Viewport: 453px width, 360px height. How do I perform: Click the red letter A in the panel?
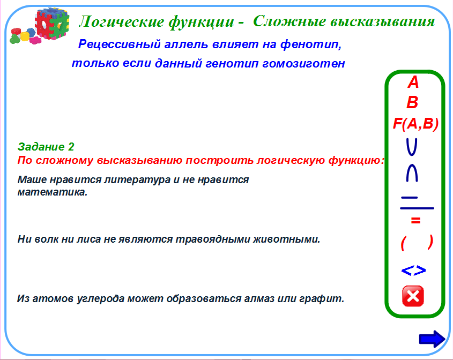413,82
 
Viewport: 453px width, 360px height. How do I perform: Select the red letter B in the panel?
413,102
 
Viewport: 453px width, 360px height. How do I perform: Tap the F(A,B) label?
415,124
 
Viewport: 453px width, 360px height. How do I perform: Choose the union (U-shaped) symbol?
412,147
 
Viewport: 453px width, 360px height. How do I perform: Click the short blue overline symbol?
410,198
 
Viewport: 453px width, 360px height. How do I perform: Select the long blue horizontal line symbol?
417,208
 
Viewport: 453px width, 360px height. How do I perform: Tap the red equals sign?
415,221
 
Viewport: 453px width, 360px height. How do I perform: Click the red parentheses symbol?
417,243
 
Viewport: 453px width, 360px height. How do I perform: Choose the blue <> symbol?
414,271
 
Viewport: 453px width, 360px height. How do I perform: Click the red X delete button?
413,296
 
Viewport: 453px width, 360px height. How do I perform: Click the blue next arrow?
432,339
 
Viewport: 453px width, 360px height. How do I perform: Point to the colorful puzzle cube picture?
40,26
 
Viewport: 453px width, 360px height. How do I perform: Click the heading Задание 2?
46,147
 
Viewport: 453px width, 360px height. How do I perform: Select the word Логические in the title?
121,22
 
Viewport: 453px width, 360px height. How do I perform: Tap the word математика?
53,192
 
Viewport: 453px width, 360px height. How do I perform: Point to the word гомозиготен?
303,64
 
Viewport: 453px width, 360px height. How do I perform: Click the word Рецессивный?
120,44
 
